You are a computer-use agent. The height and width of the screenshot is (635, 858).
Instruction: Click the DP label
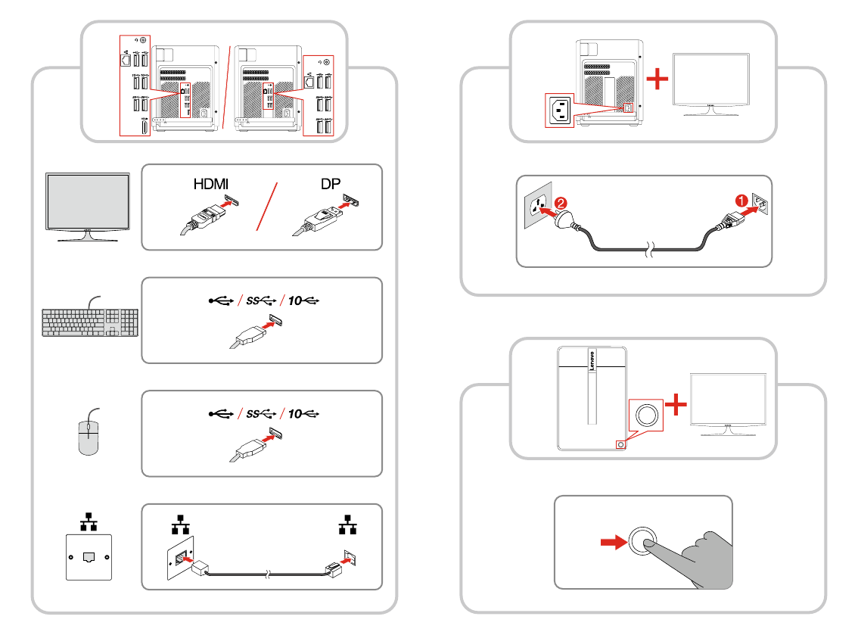click(330, 185)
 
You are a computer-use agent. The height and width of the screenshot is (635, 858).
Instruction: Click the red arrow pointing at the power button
click(610, 542)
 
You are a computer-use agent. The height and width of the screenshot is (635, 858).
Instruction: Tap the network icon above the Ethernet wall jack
click(89, 520)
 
